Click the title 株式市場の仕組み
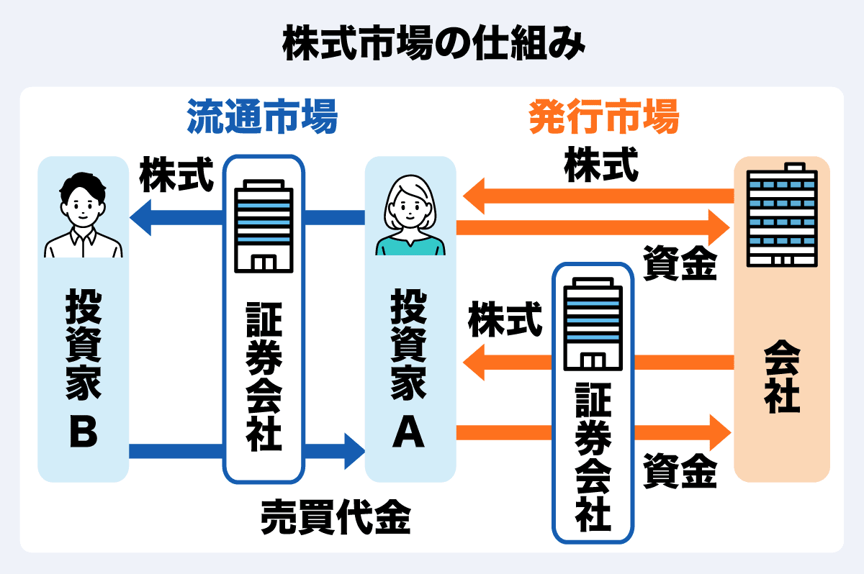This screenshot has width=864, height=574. point(431,45)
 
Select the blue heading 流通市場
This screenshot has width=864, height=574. point(262,117)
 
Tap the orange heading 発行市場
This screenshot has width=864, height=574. point(603,117)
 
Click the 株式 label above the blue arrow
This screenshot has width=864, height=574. point(177,176)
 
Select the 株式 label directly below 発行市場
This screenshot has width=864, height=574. point(600,166)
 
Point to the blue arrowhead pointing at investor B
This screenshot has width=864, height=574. point(140,217)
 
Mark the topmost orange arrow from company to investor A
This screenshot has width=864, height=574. point(598,196)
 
